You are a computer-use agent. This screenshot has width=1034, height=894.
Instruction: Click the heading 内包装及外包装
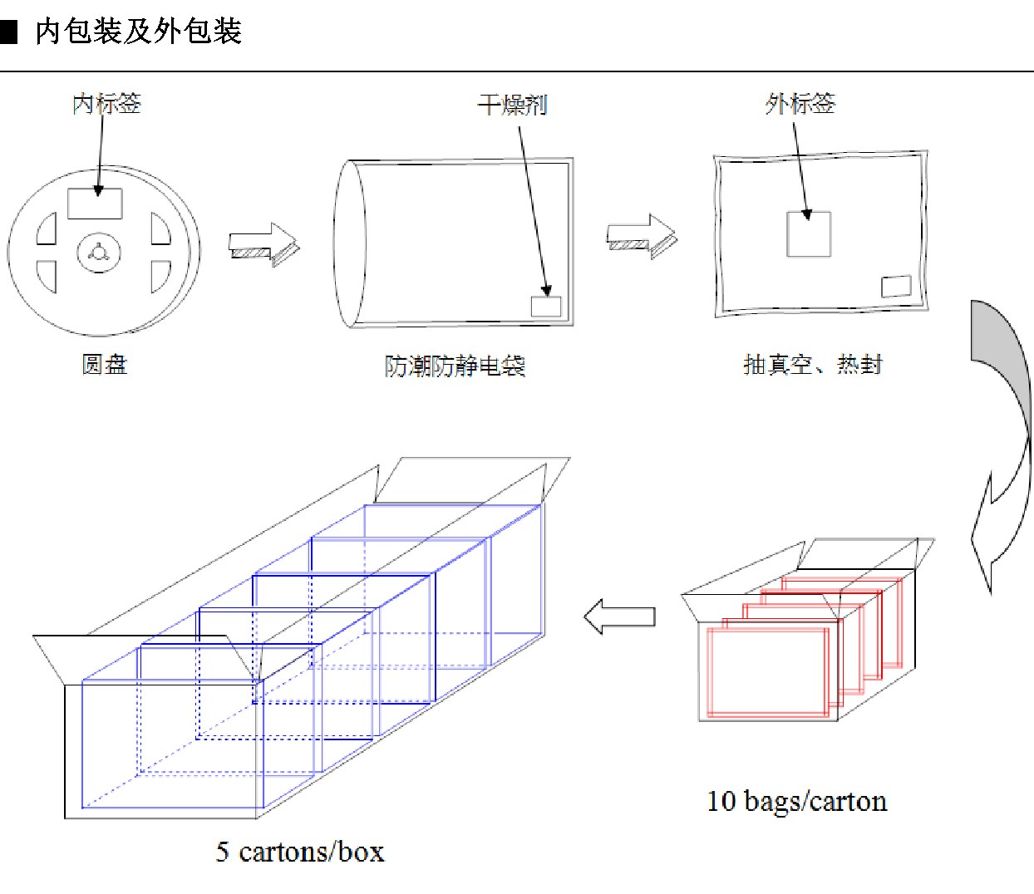click(x=139, y=31)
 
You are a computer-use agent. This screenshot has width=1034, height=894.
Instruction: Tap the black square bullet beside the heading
click(x=8, y=32)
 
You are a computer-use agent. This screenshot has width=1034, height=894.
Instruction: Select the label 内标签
click(x=106, y=104)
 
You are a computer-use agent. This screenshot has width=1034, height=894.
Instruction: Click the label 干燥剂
click(x=512, y=105)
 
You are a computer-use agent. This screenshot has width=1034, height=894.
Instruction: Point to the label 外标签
click(x=800, y=104)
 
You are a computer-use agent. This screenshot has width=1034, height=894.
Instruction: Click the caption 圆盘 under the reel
click(x=105, y=364)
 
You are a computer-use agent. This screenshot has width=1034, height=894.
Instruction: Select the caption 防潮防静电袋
click(x=455, y=366)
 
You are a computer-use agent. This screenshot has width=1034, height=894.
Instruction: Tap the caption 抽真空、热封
click(x=813, y=364)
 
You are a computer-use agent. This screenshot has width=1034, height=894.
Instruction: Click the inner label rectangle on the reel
click(x=95, y=204)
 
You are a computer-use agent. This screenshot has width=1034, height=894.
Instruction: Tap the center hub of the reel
click(x=99, y=253)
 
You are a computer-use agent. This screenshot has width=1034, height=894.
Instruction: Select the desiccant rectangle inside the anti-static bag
click(x=546, y=307)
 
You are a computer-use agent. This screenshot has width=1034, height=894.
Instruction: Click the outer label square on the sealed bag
click(x=809, y=234)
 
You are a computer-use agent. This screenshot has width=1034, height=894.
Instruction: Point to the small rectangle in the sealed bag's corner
click(x=896, y=286)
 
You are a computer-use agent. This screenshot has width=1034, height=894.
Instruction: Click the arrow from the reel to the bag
click(x=264, y=244)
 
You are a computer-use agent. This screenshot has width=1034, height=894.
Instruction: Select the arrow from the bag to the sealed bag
click(x=642, y=236)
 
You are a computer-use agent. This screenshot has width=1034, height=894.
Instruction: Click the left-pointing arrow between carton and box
click(x=619, y=616)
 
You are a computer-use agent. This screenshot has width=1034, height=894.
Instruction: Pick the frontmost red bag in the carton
click(x=768, y=672)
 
